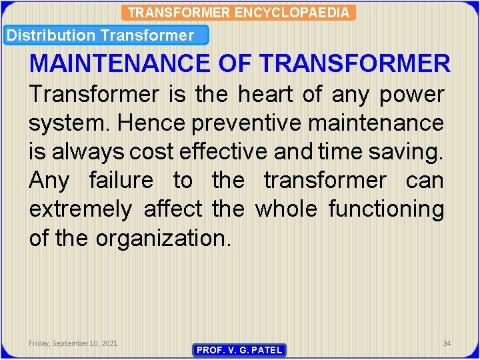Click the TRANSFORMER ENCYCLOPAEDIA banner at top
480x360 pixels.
coord(239,12)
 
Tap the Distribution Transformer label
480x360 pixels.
coord(101,35)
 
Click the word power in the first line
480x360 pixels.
coord(411,95)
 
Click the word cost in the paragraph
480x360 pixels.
coord(151,152)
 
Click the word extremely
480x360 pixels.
coord(81,209)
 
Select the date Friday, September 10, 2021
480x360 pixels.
coord(73,343)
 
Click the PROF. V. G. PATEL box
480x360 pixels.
coord(239,350)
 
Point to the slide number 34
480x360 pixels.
coord(447,343)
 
